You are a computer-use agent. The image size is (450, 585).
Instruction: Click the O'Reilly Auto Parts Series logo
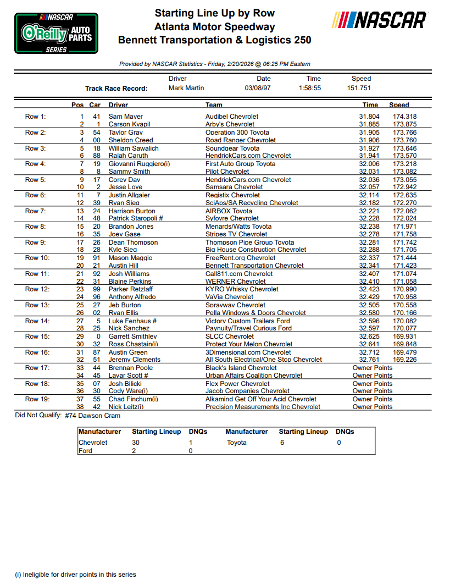[x=56, y=33]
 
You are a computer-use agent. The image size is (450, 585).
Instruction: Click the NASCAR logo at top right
[x=379, y=21]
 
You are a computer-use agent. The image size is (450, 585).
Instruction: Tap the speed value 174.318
[x=404, y=117]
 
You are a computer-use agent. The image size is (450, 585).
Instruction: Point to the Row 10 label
[x=37, y=258]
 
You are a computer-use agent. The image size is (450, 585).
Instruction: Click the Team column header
[x=214, y=104]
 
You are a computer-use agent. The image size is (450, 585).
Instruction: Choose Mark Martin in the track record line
[x=186, y=88]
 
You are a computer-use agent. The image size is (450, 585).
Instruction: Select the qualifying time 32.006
[x=369, y=164]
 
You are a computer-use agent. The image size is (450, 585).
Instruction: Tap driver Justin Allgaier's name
[x=129, y=195]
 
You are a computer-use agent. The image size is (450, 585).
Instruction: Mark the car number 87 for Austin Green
[x=97, y=352]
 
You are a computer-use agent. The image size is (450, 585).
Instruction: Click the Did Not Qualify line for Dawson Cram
[x=68, y=416]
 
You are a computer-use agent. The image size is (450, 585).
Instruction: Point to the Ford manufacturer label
[x=86, y=451]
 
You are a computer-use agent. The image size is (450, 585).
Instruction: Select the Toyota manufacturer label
[x=237, y=443]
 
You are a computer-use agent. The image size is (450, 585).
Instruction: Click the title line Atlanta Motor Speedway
[x=215, y=26]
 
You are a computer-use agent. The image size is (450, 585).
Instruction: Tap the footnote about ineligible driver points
[x=75, y=575]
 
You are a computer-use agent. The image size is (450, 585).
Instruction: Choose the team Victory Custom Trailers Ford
[x=248, y=321]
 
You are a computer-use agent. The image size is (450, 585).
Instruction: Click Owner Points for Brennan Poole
[x=373, y=368]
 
